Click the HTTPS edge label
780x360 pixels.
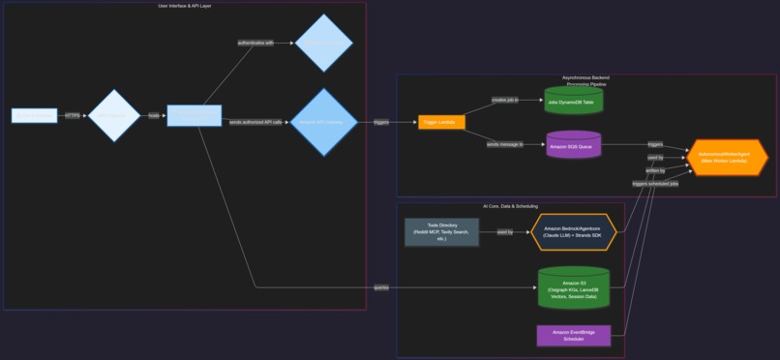73,115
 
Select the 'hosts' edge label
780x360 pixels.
154,115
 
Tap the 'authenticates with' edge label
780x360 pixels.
255,43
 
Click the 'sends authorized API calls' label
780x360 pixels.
256,122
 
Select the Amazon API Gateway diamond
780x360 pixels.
324,122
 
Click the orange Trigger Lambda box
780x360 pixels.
441,122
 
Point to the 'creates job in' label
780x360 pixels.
504,100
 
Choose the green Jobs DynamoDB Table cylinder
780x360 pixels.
574,101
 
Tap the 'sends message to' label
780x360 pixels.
504,144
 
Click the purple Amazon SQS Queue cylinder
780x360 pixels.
574,145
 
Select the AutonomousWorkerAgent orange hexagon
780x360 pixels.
727,157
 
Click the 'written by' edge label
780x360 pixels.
655,170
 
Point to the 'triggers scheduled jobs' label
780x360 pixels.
655,183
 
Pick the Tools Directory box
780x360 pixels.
441,232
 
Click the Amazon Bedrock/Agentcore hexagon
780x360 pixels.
574,232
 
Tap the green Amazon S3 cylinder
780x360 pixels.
574,287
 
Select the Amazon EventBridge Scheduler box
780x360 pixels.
574,336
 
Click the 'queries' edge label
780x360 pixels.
381,287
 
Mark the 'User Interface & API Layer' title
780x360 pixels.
185,6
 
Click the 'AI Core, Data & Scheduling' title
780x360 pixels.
510,206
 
